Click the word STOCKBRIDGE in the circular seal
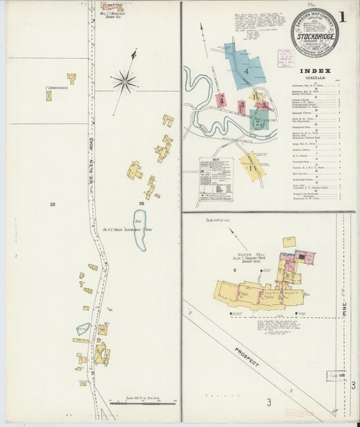coord(315,32)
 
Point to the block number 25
coord(52,203)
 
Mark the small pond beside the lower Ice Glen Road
coord(83,329)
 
